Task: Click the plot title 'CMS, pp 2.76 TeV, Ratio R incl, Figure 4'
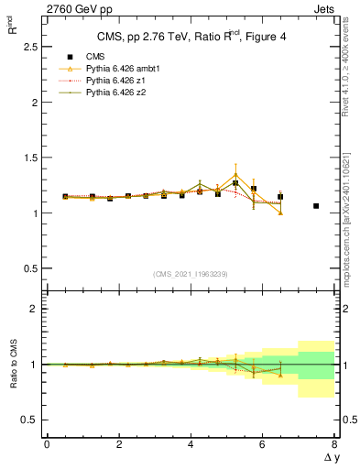(191, 38)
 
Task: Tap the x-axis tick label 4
(191, 443)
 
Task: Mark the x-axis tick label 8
(334, 443)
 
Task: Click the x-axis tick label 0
(47, 443)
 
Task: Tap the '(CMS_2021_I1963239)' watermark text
(191, 274)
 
